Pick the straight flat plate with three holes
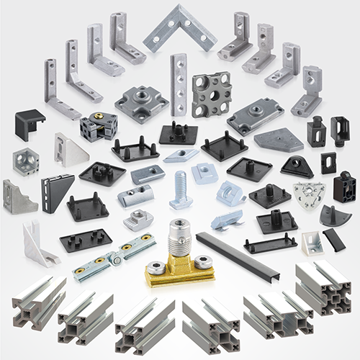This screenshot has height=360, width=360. (x=178, y=84)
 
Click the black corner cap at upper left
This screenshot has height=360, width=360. (x=30, y=125)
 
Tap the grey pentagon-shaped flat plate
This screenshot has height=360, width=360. (x=278, y=140)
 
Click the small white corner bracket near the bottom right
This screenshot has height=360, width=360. (x=309, y=244)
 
